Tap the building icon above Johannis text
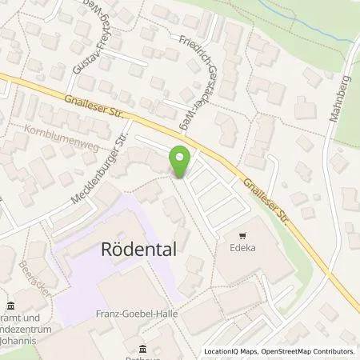click(x=10, y=305)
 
